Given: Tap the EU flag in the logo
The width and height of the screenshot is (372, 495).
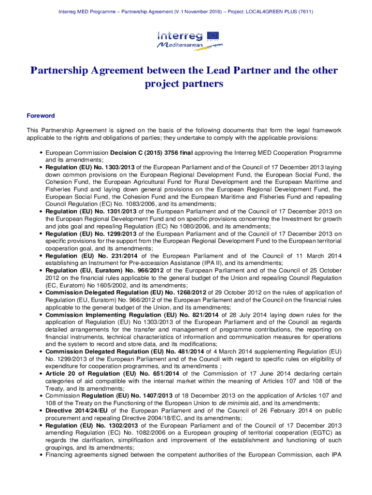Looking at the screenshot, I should pyautogui.click(x=213, y=35).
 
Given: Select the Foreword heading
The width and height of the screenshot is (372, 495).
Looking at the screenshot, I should pyautogui.click(x=41, y=116).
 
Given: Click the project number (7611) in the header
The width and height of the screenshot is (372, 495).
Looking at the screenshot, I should pyautogui.click(x=305, y=11).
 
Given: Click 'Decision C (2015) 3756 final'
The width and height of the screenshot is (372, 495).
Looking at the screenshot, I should pyautogui.click(x=152, y=153).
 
